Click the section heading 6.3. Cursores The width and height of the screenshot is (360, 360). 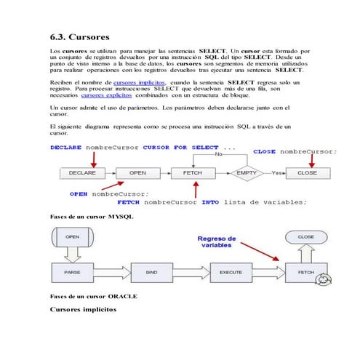click(x=80, y=36)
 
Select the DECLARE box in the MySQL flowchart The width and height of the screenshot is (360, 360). click(x=83, y=173)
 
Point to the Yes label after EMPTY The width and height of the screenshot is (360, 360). click(x=276, y=173)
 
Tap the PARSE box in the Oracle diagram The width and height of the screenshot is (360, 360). click(x=73, y=273)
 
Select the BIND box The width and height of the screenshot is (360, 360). click(x=151, y=273)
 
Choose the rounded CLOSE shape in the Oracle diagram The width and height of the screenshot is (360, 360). click(x=306, y=236)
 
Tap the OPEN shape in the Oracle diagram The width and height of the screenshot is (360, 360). click(x=73, y=236)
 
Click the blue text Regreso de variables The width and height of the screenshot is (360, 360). click(x=217, y=241)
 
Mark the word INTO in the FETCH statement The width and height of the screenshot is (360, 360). click(x=210, y=201)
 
